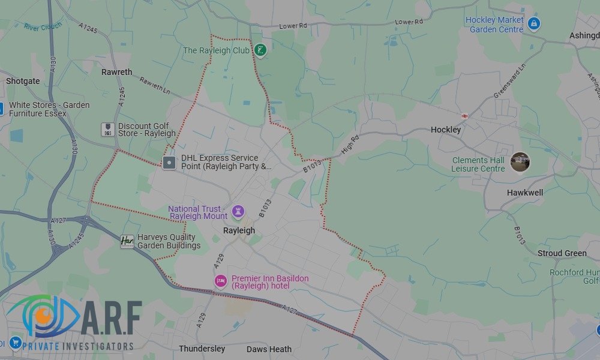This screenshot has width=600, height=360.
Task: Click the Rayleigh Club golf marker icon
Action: click(x=260, y=50)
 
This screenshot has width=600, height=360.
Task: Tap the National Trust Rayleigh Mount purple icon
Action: click(x=238, y=211)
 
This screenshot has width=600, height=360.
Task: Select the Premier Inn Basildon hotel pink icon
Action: click(x=221, y=281)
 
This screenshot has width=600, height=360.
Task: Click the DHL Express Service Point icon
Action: click(x=170, y=162)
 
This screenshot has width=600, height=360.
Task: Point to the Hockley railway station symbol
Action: click(x=464, y=115)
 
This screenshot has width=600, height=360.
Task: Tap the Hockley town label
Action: click(x=446, y=130)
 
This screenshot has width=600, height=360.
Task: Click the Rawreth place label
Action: click(x=116, y=72)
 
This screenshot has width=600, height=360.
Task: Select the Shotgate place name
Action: click(x=23, y=81)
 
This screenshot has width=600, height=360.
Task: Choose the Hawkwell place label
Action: click(x=524, y=193)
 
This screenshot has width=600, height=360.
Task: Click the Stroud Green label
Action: click(x=562, y=253)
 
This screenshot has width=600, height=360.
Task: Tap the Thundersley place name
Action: click(x=202, y=349)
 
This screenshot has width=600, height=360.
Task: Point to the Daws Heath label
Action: click(x=269, y=349)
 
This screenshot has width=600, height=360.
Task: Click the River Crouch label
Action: click(x=43, y=26)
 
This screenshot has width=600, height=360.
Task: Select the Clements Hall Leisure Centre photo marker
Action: click(x=520, y=162)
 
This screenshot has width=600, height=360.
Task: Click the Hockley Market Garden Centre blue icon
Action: click(x=535, y=24)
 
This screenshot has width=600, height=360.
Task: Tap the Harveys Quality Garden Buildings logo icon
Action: click(x=127, y=241)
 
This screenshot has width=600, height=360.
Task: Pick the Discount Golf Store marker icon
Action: click(x=107, y=130)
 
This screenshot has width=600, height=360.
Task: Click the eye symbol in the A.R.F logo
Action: click(x=42, y=315)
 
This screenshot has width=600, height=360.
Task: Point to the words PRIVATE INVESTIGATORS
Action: click(x=78, y=346)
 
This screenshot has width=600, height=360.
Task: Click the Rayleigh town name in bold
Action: click(x=239, y=230)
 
